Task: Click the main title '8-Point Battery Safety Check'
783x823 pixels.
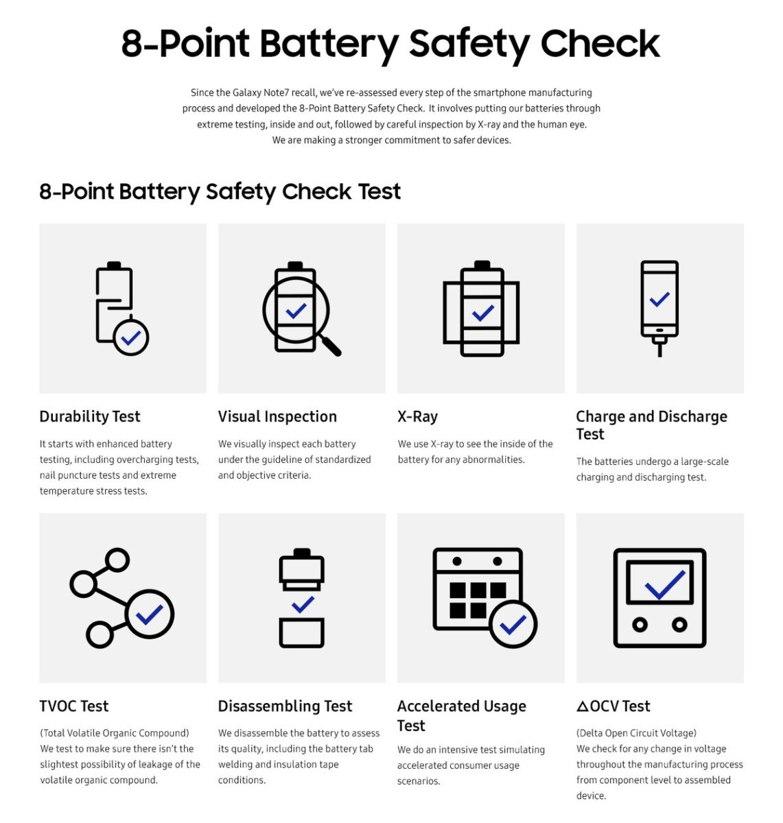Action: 390,44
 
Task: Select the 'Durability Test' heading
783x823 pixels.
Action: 89,416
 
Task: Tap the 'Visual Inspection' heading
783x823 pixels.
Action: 277,416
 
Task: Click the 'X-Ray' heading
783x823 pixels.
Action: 417,416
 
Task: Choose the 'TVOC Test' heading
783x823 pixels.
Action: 73,706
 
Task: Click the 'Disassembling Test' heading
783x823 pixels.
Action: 285,706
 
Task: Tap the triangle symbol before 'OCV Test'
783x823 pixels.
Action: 583,706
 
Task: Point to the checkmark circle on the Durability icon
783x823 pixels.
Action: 130,337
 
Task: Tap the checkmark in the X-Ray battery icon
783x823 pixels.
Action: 482,313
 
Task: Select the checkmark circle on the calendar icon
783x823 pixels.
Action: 513,624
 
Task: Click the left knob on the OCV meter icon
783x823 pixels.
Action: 640,624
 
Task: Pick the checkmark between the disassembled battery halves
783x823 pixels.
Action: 302,604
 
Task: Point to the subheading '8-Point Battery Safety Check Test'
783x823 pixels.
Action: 220,191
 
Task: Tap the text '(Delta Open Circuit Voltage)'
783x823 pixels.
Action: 636,733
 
